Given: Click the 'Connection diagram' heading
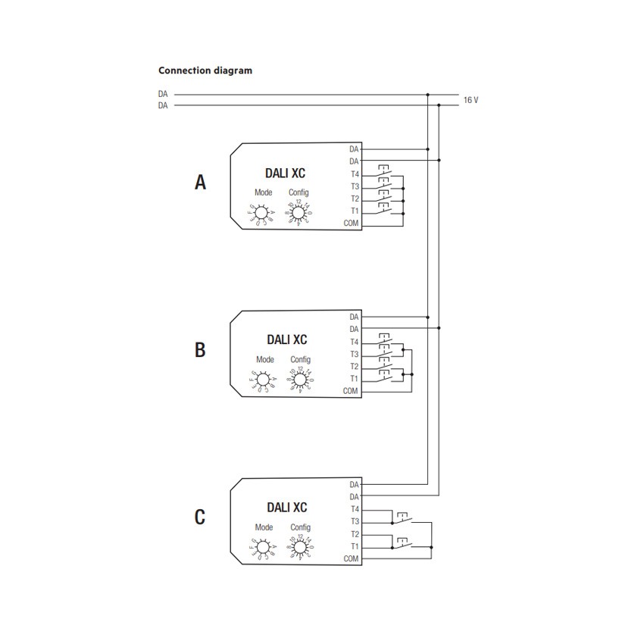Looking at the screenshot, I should coord(205,70).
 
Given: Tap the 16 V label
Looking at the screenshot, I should coord(470,100).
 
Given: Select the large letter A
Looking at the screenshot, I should coord(200,183).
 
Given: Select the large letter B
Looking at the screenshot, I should coord(200,350).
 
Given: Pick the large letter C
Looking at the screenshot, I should coord(200,517).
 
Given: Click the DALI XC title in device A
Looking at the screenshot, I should coord(286,173).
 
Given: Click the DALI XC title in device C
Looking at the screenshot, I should coord(286,507).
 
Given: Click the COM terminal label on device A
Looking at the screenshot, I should coord(351,224).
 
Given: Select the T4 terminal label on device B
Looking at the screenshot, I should coord(354,342).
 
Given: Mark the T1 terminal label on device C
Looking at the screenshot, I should coord(354,546).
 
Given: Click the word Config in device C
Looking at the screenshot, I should coord(299,527).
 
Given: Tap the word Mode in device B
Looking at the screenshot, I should coord(264,360).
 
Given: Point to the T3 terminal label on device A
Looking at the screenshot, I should coord(354,186).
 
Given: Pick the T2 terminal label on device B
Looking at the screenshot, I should coord(354,366).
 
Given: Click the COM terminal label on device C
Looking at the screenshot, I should coord(351,558).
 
